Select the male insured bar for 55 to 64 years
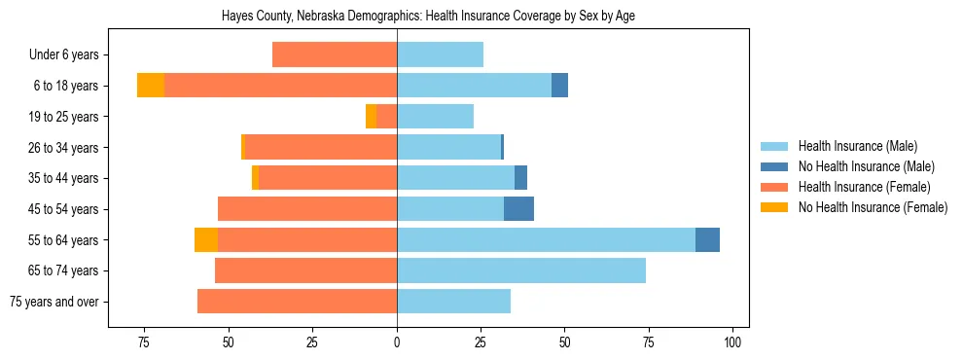tap(546, 239)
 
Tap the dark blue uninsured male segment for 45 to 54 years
tap(518, 209)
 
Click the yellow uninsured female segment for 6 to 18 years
tap(151, 86)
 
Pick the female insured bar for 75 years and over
tap(297, 302)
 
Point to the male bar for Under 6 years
tap(440, 55)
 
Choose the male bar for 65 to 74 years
tap(521, 270)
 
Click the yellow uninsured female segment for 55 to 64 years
tap(206, 239)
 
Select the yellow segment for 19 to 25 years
tap(371, 117)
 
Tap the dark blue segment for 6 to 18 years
tap(559, 86)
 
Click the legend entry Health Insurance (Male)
tap(857, 147)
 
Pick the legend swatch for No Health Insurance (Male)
tap(773, 167)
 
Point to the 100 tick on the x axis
tap(733, 342)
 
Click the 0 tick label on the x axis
tap(397, 342)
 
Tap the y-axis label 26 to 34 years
tap(66, 148)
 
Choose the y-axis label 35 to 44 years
tap(66, 178)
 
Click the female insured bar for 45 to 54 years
tap(307, 209)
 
